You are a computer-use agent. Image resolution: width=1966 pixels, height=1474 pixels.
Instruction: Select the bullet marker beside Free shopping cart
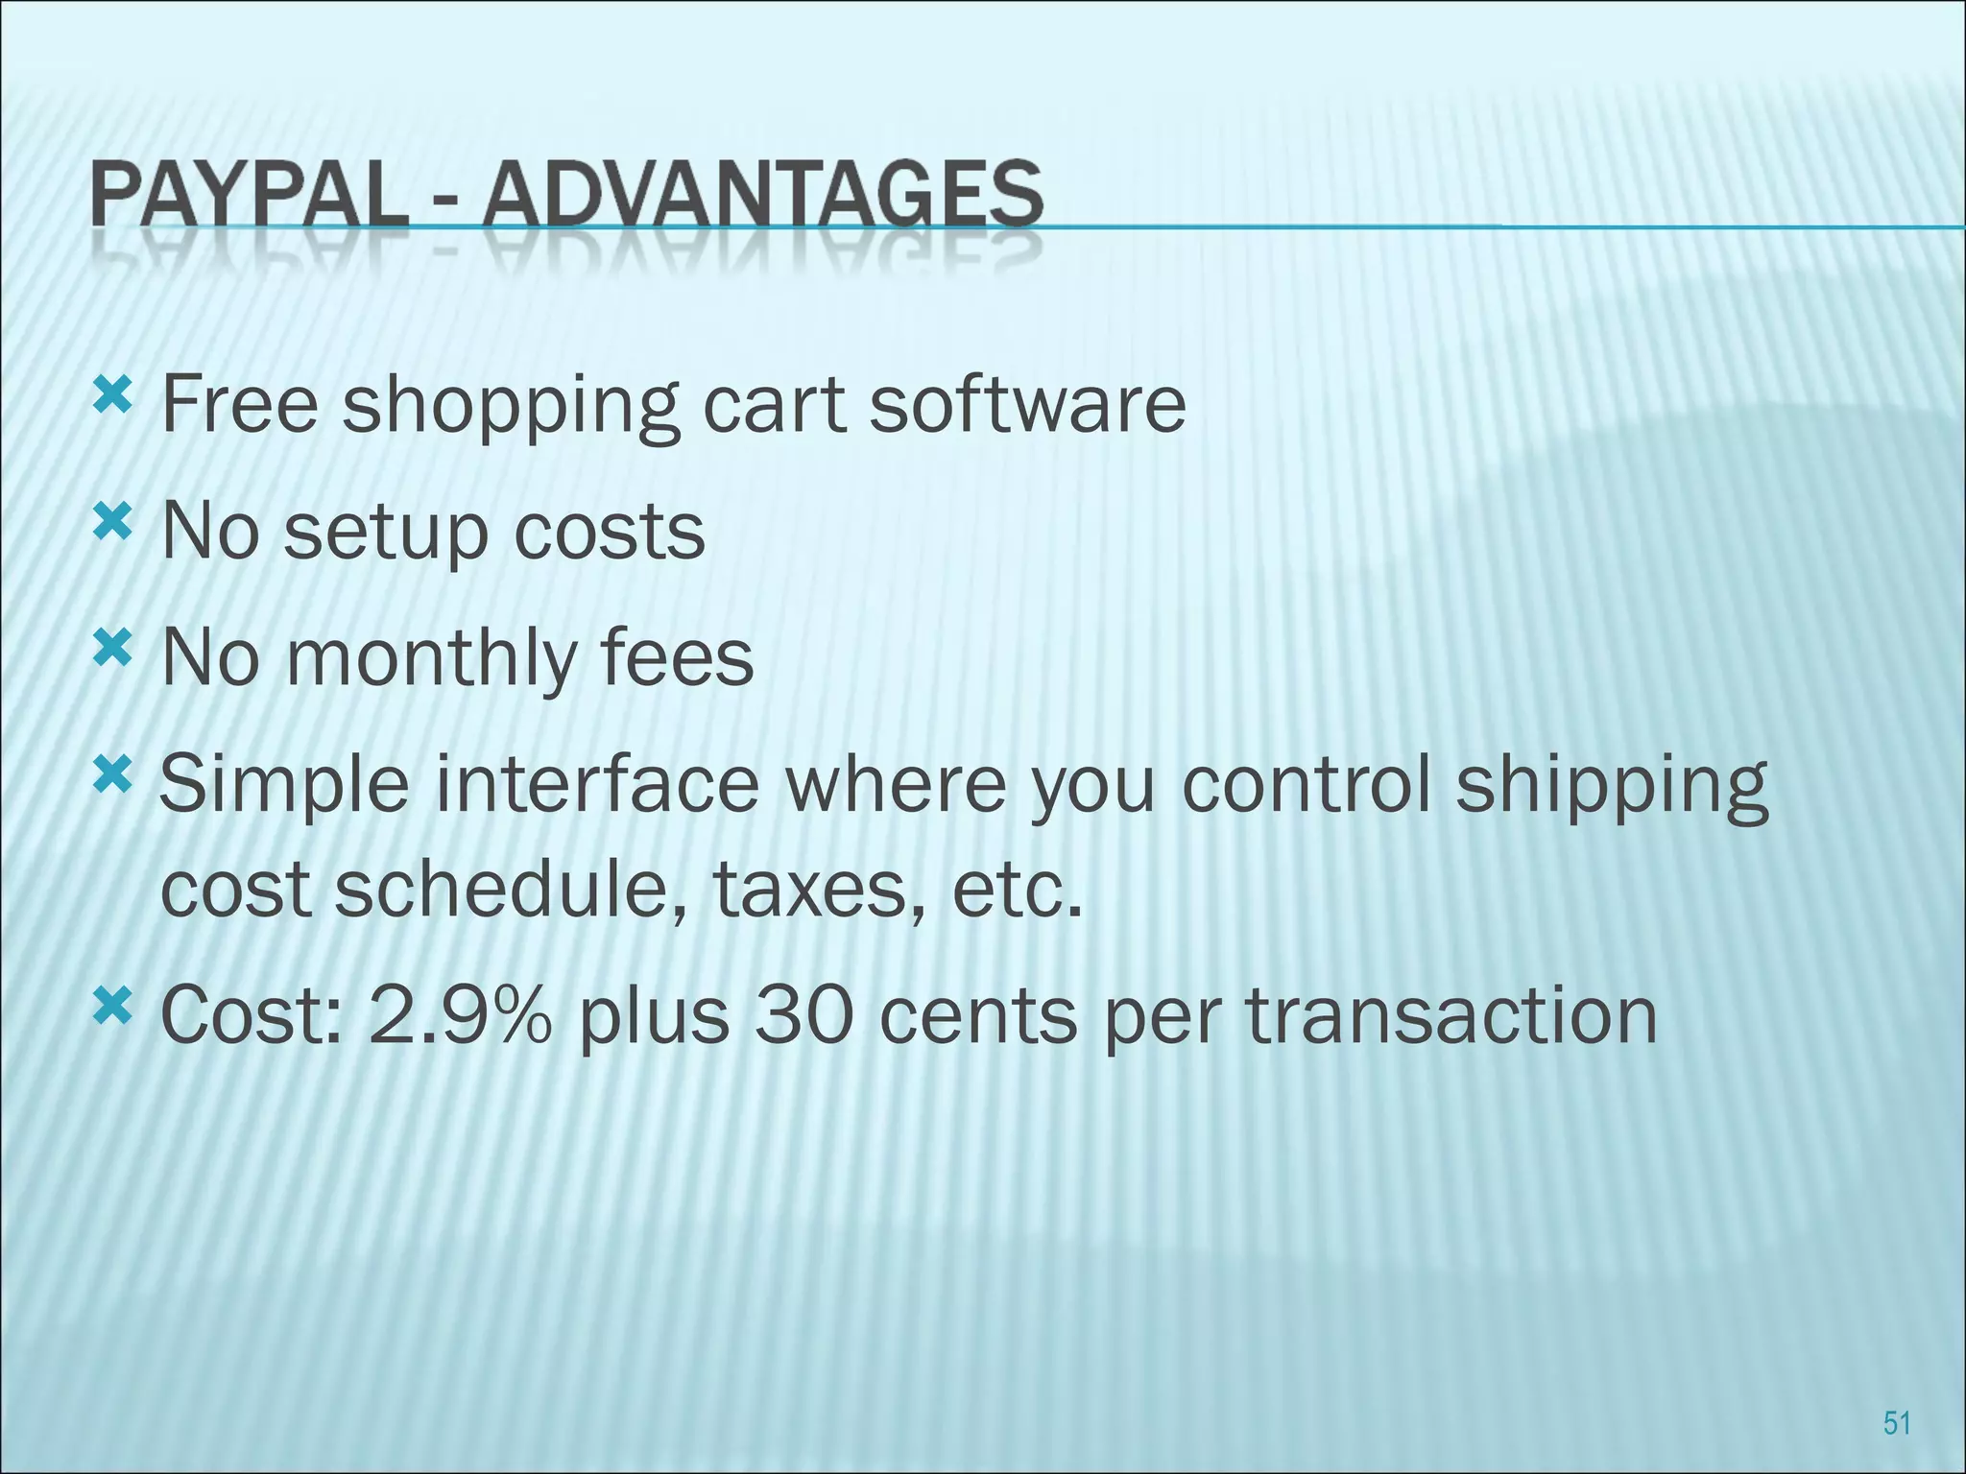pos(112,393)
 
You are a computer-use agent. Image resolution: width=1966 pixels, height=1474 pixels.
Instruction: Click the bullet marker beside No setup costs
pos(112,523)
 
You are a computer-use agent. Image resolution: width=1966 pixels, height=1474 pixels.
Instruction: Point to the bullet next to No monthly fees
pos(112,652)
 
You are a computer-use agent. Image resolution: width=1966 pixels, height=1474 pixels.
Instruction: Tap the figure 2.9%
pos(460,1016)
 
